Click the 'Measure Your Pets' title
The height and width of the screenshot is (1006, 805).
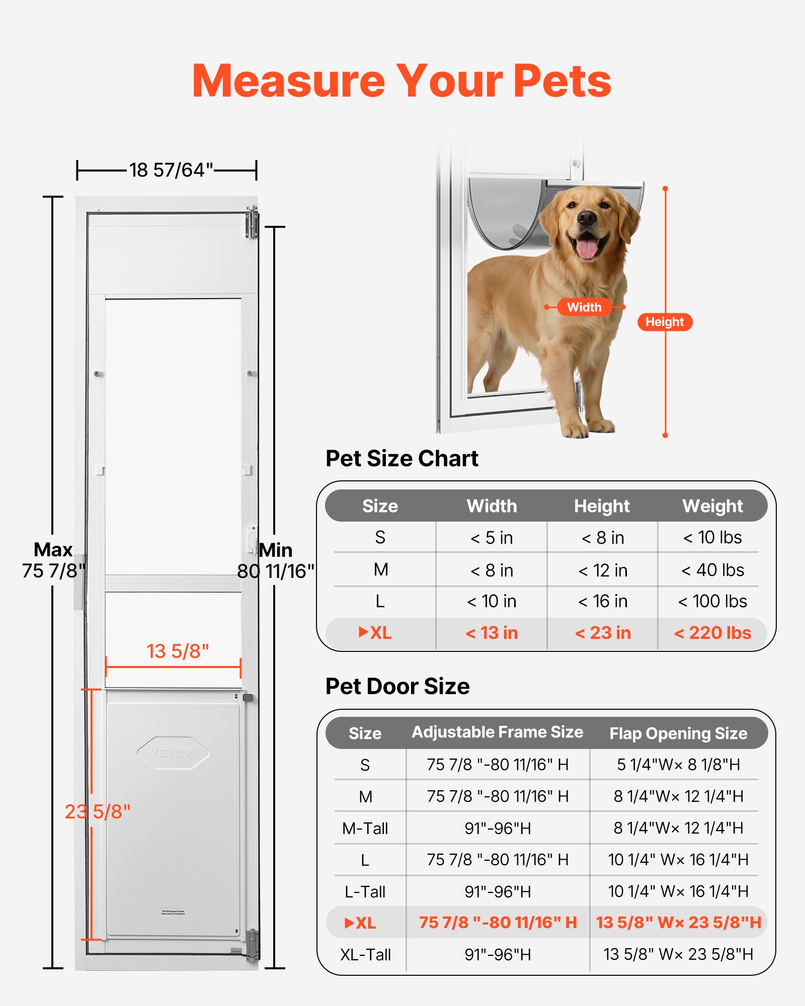coord(401,81)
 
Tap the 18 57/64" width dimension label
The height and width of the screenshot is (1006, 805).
coord(171,170)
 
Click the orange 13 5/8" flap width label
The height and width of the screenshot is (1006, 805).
coord(177,651)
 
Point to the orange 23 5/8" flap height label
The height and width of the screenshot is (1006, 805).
coord(98,811)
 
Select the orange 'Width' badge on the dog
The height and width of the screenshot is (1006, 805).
coord(584,307)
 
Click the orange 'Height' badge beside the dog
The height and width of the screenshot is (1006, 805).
coord(665,322)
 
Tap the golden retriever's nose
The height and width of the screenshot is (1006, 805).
coord(587,217)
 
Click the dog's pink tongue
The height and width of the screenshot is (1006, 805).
coord(587,248)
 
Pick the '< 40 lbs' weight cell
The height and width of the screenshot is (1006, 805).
coord(712,570)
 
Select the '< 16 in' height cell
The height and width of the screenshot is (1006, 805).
coord(602,601)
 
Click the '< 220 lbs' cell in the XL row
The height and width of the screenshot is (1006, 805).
coord(712,633)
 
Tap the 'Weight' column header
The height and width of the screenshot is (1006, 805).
coord(712,506)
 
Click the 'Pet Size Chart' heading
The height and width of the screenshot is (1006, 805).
coord(401,458)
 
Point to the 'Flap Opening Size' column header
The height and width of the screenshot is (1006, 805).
coord(678,733)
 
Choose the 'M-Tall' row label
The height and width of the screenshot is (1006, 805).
coord(365,828)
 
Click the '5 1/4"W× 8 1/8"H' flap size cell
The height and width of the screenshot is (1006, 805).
coord(678,765)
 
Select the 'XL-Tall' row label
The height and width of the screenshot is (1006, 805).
coord(365,954)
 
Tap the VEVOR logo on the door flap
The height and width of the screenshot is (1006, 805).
coord(173,752)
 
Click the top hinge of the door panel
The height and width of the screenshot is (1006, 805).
coord(252,222)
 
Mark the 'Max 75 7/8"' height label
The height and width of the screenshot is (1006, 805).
coord(53,560)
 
